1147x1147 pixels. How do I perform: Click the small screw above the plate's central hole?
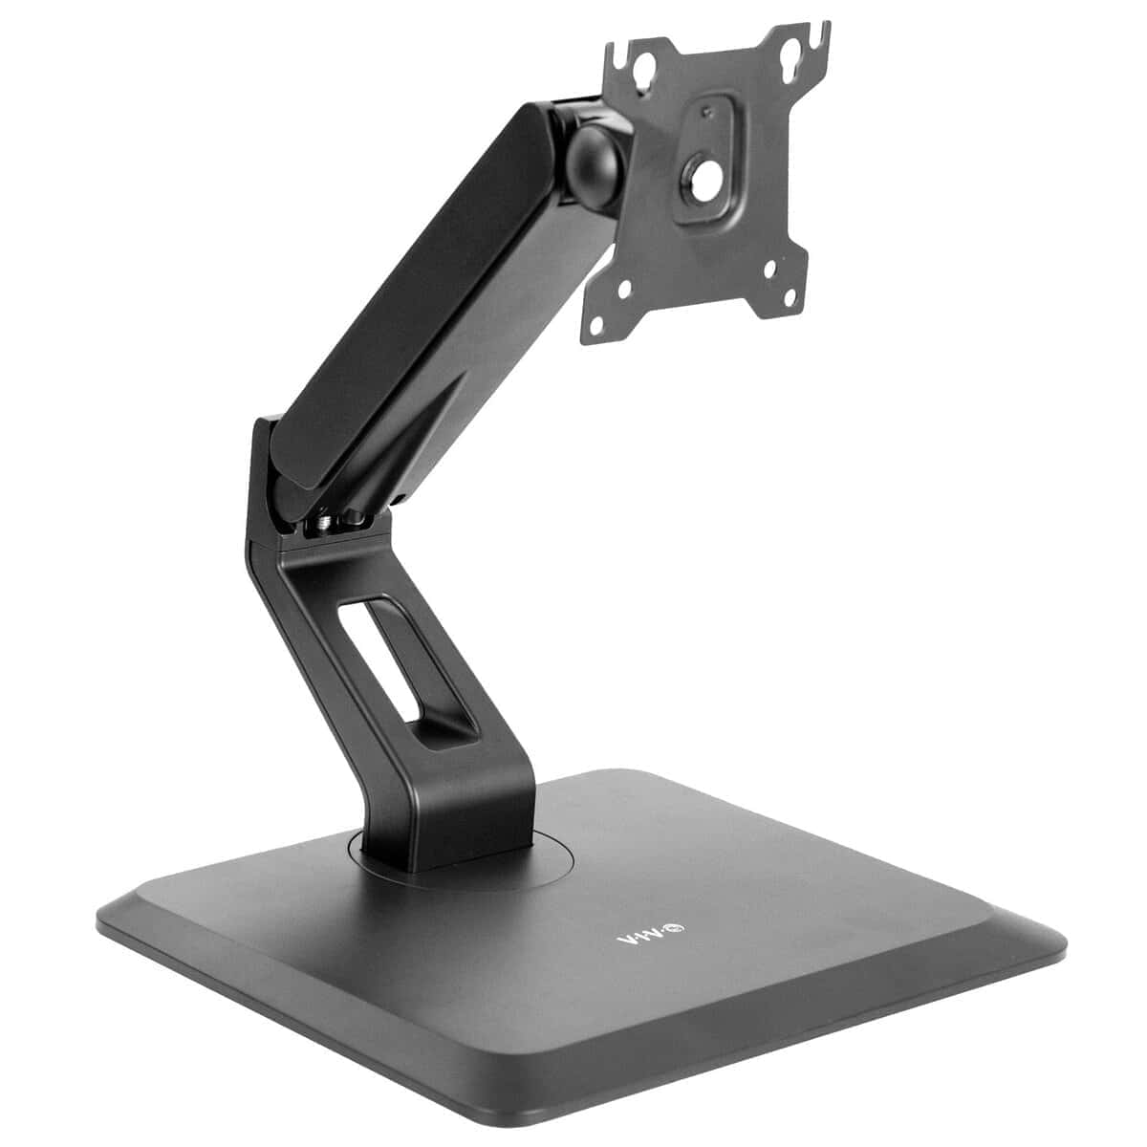point(706,112)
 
